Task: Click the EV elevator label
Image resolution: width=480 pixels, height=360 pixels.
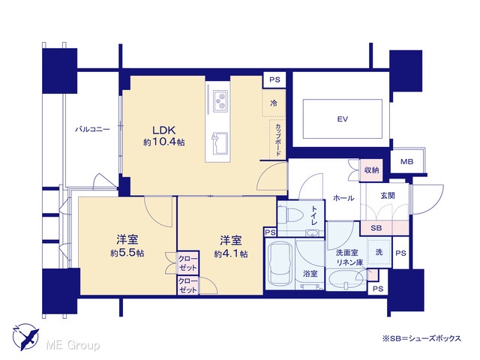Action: tap(342, 118)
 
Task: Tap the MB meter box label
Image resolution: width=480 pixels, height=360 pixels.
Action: tap(406, 161)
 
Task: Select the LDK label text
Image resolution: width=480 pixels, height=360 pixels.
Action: tap(164, 130)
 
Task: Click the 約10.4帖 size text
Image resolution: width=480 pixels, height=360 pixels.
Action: tap(164, 142)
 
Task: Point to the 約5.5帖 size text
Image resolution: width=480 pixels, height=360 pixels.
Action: tap(127, 253)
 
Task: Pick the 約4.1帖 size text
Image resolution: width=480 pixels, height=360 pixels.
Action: tap(231, 253)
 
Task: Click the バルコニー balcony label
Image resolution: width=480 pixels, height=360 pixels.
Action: tap(92, 130)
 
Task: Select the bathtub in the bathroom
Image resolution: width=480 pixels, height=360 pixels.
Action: tap(280, 264)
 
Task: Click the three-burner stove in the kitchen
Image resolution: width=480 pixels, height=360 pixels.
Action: tap(220, 100)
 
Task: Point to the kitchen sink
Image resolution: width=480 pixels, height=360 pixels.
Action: tap(220, 143)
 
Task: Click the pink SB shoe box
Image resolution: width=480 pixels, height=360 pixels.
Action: tap(385, 228)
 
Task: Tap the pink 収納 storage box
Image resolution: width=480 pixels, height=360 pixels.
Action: tap(371, 170)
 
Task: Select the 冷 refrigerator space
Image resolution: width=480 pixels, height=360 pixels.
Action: tap(274, 103)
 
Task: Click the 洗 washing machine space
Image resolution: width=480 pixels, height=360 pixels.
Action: tap(379, 252)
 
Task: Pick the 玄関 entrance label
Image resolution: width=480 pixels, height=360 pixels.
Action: tap(388, 196)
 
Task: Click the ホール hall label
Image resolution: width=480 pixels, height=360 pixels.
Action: tap(343, 198)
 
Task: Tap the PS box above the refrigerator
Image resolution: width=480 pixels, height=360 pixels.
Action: tap(274, 80)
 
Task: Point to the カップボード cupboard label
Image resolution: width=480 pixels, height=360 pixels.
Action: tap(278, 140)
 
